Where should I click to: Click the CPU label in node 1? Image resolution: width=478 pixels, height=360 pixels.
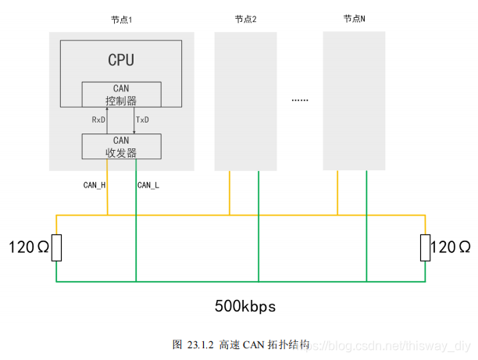coord(121,59)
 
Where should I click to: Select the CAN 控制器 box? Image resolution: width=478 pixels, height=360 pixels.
coord(121,94)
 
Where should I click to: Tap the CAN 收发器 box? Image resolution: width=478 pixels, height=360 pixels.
coord(121,146)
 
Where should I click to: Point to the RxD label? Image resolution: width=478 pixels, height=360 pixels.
coord(98,120)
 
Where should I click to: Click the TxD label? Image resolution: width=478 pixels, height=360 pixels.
coord(143,120)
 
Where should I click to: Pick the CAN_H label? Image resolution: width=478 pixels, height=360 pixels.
coord(95,185)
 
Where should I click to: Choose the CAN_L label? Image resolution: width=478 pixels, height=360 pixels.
coord(148,185)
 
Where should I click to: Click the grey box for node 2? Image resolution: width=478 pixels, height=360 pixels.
coord(246,101)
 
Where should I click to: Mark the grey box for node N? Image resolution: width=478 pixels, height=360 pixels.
coord(354,101)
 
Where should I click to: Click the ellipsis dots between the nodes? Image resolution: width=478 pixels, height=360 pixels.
coord(300,100)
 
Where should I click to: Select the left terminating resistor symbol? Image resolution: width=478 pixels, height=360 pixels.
coord(56,248)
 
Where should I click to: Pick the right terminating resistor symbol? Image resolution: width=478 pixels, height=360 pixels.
coord(425,248)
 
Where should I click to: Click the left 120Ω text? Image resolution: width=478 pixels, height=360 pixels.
coord(28,248)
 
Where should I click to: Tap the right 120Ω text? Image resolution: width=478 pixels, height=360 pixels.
coord(451,248)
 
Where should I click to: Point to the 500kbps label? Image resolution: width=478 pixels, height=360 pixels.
coord(246,305)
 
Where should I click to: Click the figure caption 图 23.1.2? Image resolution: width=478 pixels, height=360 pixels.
coord(241,344)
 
